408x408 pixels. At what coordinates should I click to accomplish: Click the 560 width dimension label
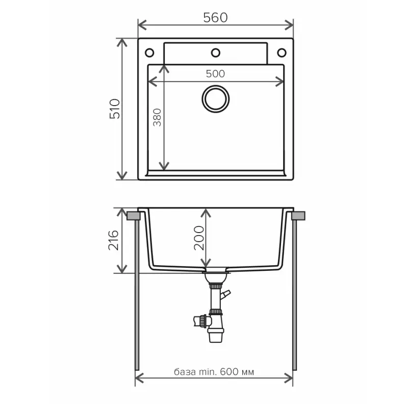point(215,18)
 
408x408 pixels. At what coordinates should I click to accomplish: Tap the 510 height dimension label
point(115,109)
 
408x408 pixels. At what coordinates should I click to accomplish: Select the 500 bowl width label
point(215,73)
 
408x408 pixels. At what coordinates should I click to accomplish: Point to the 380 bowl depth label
point(157,117)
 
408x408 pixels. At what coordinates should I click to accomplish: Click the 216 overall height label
point(114,240)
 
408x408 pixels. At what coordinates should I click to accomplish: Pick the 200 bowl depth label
point(199,238)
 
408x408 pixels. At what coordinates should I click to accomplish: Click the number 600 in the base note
point(229,372)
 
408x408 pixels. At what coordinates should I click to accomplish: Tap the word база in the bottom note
point(185,372)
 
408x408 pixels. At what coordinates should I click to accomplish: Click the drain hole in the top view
point(215,99)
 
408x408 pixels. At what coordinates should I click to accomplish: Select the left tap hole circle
point(149,53)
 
